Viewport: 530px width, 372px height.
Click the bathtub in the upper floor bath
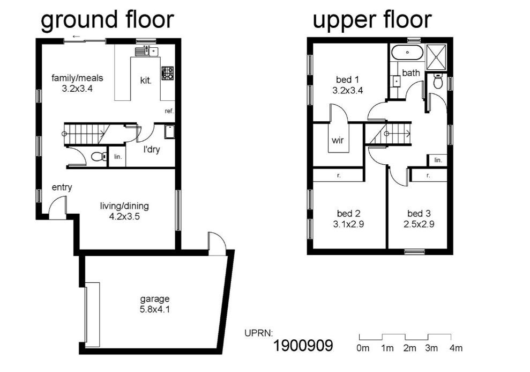pos(407,53)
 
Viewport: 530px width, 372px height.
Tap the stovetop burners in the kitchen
pos(168,73)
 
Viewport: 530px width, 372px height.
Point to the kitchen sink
pos(147,52)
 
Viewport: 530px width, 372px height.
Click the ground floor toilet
pos(99,157)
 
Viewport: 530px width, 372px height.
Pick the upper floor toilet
pos(438,81)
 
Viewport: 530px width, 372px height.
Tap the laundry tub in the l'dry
pos(170,132)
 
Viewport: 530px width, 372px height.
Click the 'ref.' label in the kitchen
pos(169,111)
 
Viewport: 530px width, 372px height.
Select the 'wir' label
pos(338,140)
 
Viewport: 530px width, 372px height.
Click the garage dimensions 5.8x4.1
pos(155,309)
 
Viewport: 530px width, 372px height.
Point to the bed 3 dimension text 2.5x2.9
pos(419,224)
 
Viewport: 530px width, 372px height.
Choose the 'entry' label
pos(62,187)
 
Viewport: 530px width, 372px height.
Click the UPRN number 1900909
pos(303,346)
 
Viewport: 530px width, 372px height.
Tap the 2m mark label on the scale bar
pos(409,348)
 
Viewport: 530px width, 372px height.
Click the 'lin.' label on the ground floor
pos(118,157)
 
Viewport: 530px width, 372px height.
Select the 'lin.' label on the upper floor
pos(438,160)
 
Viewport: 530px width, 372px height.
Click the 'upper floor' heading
pos(372,20)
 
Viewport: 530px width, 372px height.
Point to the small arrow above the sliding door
pos(77,37)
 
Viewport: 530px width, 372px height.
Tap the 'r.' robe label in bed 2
pos(339,176)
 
